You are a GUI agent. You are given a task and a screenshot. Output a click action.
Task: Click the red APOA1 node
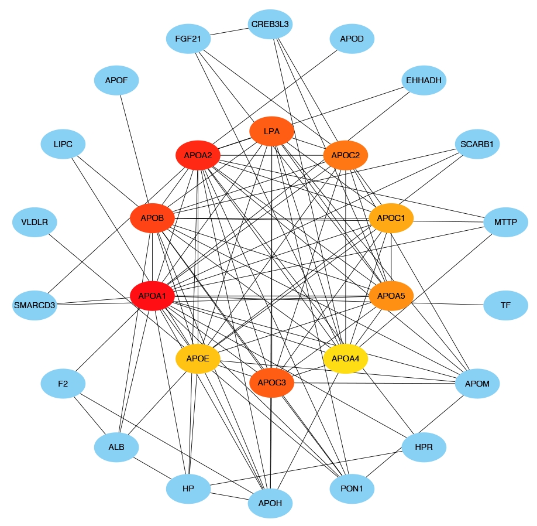[x=152, y=296]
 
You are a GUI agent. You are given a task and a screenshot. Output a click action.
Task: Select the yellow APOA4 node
[x=346, y=358]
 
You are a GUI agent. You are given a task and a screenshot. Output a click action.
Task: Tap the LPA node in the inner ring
[x=271, y=131]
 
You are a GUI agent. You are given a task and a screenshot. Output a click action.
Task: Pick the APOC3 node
[x=271, y=382]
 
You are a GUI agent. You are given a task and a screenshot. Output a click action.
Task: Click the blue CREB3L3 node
[x=270, y=25]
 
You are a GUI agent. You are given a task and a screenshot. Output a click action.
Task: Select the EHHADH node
[x=424, y=79]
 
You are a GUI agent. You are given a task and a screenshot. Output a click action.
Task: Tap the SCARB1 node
[x=477, y=144]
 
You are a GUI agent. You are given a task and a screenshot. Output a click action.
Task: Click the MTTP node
[x=506, y=223]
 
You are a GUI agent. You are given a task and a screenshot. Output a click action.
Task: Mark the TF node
[x=506, y=305]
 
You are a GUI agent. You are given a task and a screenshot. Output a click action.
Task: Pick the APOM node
[x=477, y=384]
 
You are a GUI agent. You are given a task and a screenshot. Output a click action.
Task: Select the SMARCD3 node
[x=35, y=305]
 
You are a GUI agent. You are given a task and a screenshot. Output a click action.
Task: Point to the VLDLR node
[x=35, y=223]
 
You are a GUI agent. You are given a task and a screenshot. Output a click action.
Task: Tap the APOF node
[x=116, y=79]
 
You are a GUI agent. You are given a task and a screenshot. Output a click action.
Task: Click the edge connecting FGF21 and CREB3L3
[x=229, y=32]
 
